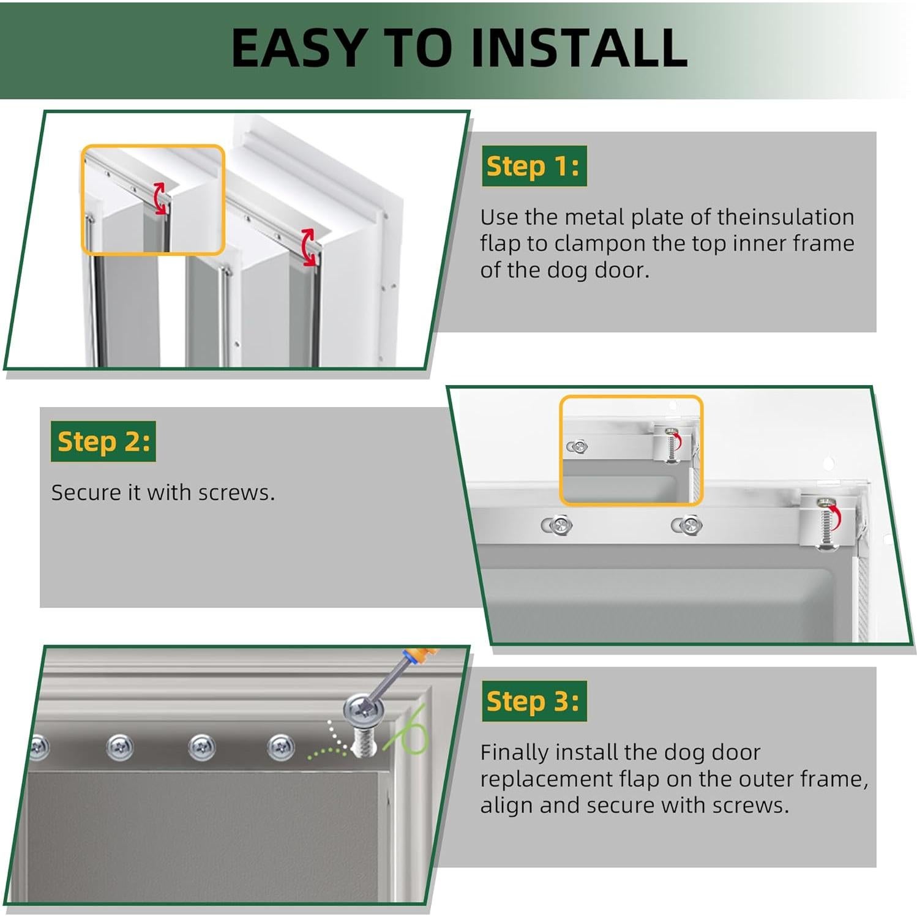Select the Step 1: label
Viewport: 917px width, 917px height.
click(x=533, y=166)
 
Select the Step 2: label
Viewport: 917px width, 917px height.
click(x=103, y=441)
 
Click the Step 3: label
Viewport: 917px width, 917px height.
click(x=533, y=701)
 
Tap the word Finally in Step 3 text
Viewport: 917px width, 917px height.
click(x=518, y=752)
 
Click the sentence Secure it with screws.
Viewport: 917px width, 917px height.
click(x=163, y=493)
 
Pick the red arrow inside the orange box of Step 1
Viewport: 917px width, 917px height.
click(x=160, y=198)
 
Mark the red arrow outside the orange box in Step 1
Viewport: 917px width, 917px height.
click(x=309, y=247)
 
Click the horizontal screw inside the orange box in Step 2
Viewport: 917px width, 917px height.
click(x=577, y=447)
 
